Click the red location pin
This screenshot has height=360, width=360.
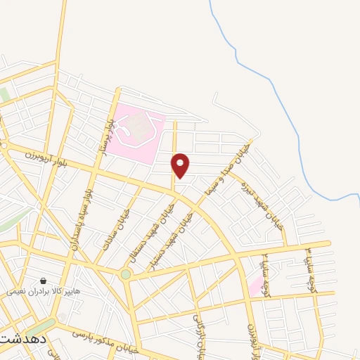point(181,165)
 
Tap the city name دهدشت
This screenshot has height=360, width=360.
point(23,339)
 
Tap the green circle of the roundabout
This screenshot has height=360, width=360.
point(126,274)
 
